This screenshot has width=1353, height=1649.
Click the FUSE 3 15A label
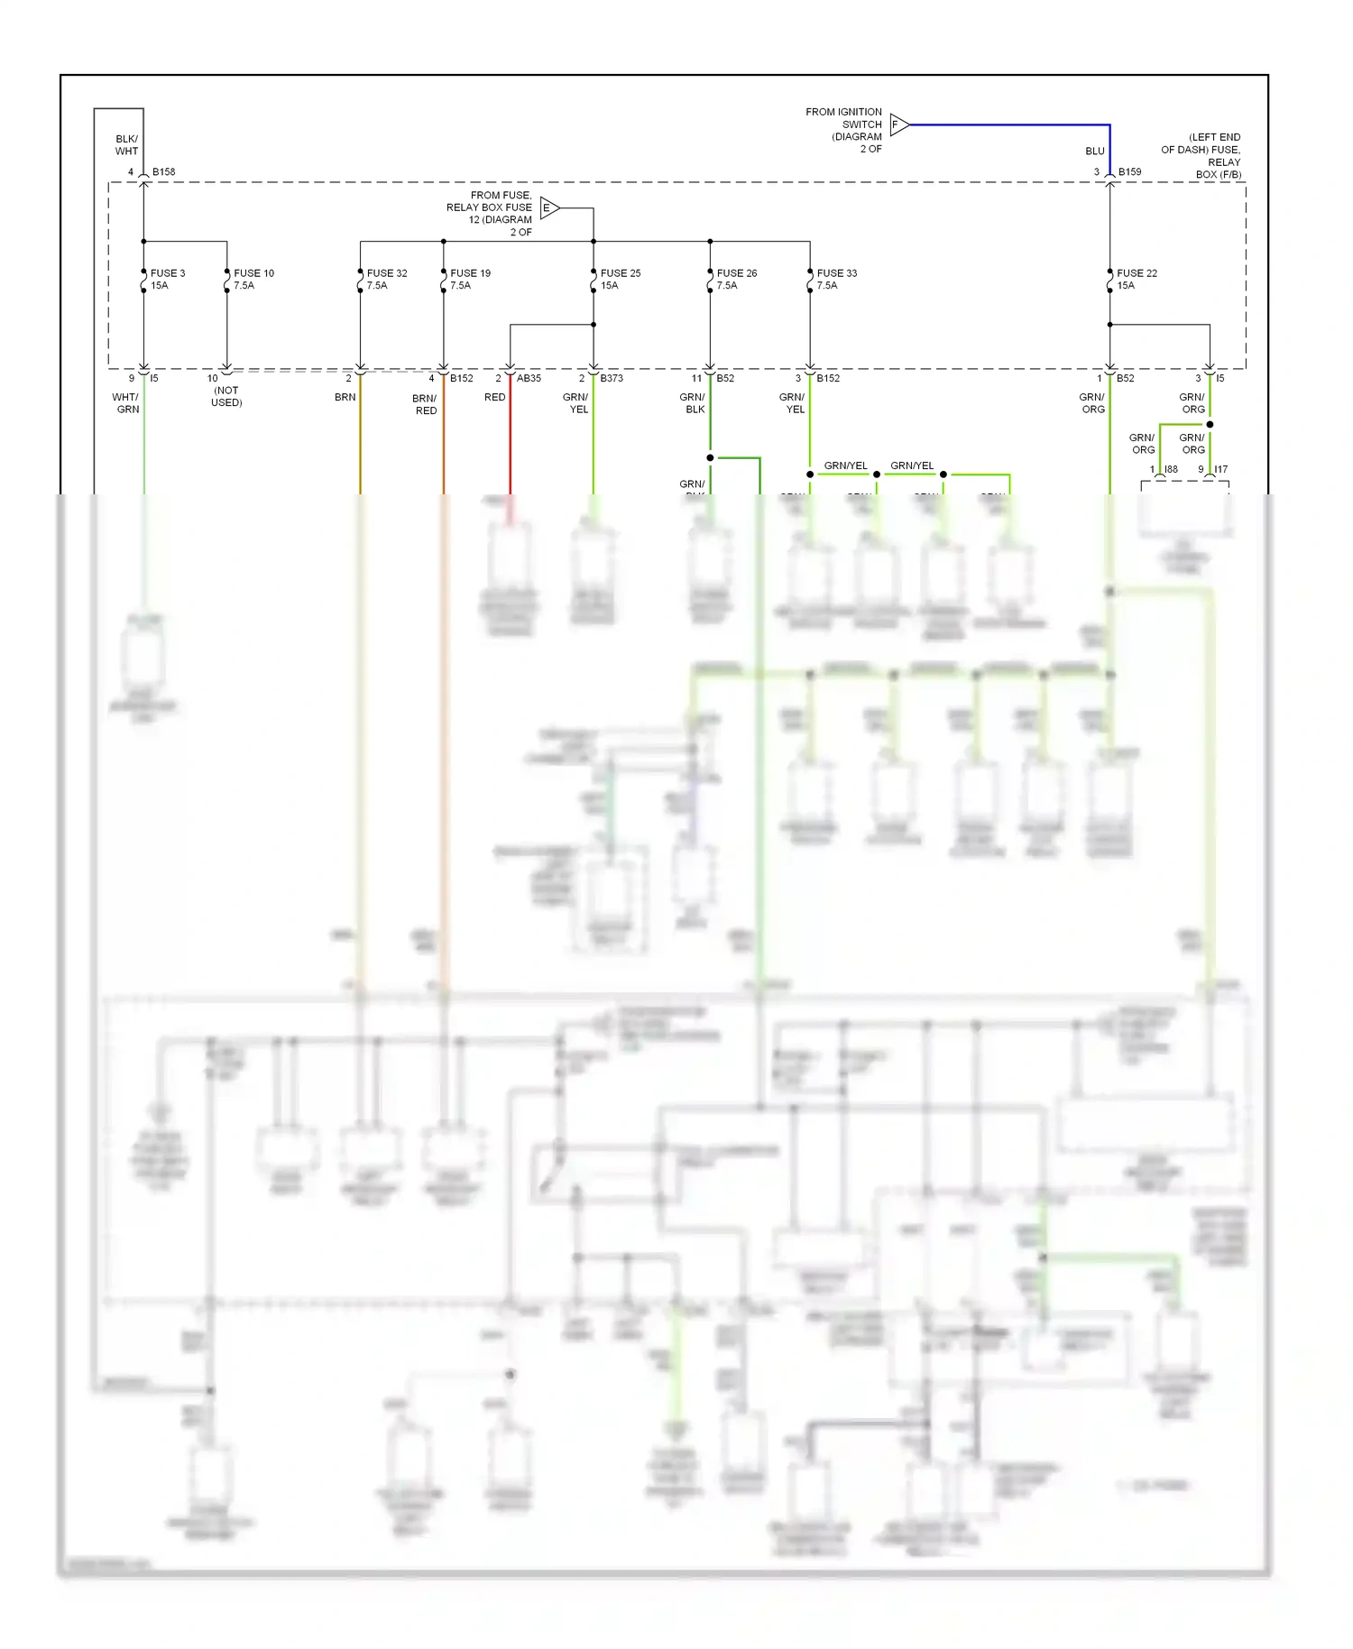(167, 279)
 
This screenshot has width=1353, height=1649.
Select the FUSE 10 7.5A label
(253, 279)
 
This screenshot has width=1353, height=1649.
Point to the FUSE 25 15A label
(620, 279)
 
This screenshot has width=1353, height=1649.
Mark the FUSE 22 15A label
(1136, 279)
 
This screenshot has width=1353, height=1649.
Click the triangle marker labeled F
(897, 124)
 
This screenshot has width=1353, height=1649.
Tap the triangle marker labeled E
(548, 208)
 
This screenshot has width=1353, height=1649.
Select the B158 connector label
(163, 171)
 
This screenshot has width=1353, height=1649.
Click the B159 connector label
(1129, 171)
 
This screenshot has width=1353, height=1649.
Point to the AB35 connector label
(529, 378)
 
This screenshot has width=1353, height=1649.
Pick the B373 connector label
(612, 378)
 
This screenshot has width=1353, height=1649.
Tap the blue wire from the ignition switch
(1010, 124)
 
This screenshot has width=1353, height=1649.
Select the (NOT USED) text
(226, 396)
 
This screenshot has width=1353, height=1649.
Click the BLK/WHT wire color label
(126, 145)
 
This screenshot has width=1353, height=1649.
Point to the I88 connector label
(1171, 469)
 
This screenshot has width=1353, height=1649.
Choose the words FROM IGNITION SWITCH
(843, 118)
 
